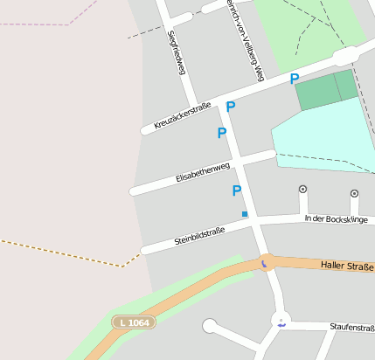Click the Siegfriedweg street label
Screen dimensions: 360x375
click(x=176, y=52)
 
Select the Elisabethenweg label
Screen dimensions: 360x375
click(x=202, y=170)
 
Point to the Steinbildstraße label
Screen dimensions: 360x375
click(x=199, y=234)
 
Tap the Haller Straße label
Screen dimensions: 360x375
click(x=346, y=264)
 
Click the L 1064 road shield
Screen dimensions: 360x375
click(x=132, y=323)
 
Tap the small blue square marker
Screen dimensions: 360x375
click(x=245, y=214)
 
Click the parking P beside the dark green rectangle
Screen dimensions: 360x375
click(x=295, y=79)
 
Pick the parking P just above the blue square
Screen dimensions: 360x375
click(x=236, y=190)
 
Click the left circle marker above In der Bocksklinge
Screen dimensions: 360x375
click(x=303, y=188)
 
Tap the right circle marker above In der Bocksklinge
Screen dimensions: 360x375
click(x=354, y=192)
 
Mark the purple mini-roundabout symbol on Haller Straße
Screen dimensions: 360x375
click(x=263, y=261)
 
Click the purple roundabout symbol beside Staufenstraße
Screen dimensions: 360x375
click(x=281, y=322)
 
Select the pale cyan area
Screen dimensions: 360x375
click(x=324, y=131)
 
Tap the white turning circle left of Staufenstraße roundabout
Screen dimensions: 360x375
click(x=210, y=327)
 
